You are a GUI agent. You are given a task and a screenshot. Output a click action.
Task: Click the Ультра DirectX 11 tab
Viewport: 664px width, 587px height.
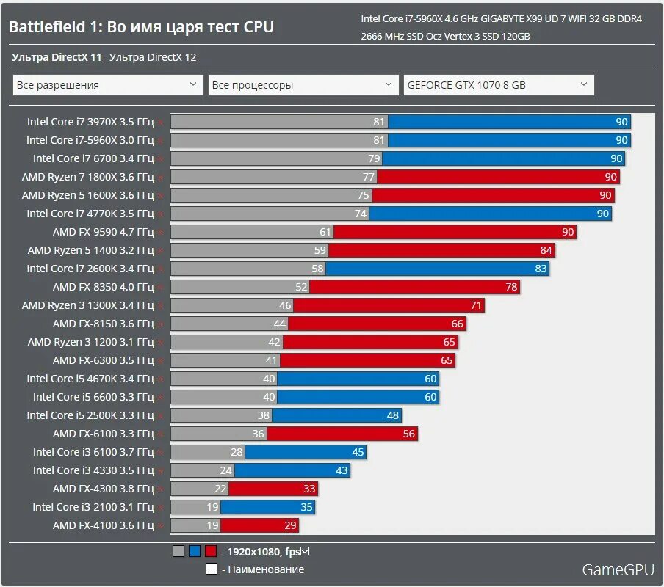coord(57,57)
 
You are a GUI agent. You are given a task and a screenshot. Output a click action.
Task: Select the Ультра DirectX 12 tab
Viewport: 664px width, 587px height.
coord(153,57)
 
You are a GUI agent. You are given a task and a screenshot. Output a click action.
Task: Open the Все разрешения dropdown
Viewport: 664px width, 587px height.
coord(108,85)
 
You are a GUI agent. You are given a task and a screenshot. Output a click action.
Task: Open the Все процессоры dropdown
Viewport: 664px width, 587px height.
coord(303,85)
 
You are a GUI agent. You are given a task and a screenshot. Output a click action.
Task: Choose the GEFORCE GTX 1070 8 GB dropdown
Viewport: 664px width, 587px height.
coord(499,85)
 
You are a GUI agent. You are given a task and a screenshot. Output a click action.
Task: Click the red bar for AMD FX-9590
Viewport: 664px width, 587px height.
coord(455,232)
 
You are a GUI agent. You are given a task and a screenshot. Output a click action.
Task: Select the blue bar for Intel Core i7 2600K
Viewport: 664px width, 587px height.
coord(437,269)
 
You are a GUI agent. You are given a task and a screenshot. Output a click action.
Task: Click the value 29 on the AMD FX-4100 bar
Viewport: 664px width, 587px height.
coord(290,525)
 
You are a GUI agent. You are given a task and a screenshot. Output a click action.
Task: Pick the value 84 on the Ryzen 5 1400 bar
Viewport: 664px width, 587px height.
coord(545,250)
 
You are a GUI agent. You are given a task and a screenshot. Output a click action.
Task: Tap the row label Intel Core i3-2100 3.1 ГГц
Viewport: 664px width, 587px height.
coord(93,507)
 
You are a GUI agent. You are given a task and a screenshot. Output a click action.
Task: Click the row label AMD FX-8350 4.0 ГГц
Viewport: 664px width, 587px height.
coord(104,287)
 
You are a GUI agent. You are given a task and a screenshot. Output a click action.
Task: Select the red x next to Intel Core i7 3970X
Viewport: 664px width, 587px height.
coord(159,123)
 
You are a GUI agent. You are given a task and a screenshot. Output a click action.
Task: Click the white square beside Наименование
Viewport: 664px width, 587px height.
coord(211,569)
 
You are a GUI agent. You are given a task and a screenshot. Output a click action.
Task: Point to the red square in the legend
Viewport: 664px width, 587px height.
coord(211,551)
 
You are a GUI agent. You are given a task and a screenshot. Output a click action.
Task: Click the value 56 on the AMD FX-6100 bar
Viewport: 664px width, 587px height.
coord(409,434)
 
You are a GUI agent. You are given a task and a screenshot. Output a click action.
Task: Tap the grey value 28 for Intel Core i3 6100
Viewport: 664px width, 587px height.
coord(237,452)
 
